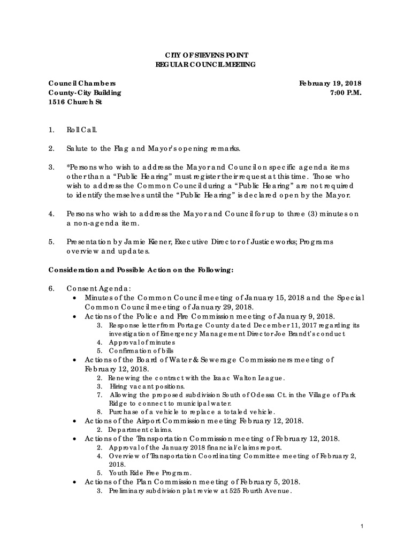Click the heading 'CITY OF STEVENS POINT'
(206, 56)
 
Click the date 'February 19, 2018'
(330, 83)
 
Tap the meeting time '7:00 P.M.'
(346, 93)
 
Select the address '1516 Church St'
(75, 102)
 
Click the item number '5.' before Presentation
(51, 241)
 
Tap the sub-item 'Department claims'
(140, 430)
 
